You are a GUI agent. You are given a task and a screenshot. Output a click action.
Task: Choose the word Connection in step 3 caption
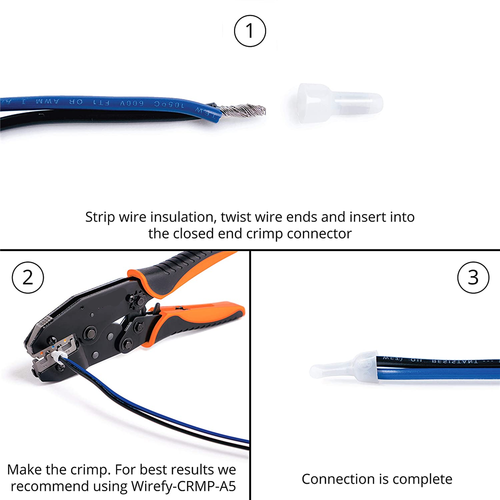pyautogui.click(x=341, y=479)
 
